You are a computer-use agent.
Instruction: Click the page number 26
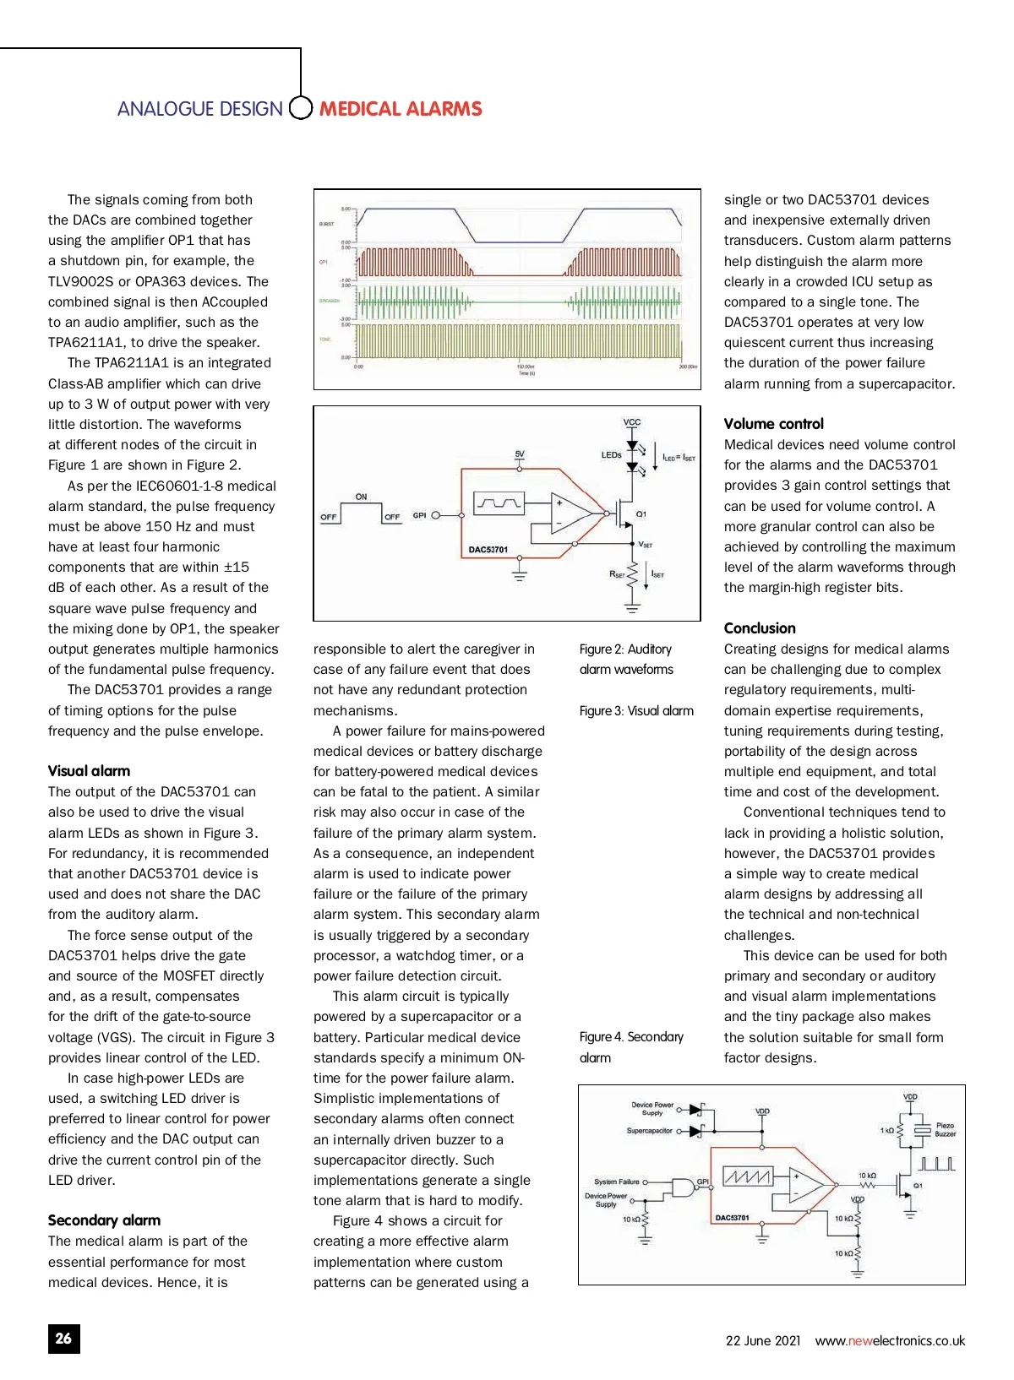[63, 1338]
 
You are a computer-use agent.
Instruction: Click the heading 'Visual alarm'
[89, 770]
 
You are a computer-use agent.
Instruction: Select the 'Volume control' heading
[773, 423]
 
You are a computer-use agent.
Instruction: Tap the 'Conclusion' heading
[760, 628]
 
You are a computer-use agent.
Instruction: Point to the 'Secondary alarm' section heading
[104, 1220]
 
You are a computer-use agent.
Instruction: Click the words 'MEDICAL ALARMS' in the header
[401, 109]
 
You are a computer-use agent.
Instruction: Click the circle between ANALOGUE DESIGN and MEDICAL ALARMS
[301, 109]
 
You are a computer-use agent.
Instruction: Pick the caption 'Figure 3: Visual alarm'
[636, 710]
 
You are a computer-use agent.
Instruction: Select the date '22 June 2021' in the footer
[762, 1340]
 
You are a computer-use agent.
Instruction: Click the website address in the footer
[890, 1340]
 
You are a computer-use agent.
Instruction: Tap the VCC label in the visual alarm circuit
[632, 422]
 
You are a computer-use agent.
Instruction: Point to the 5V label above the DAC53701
[520, 454]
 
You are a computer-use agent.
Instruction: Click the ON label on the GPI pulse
[361, 497]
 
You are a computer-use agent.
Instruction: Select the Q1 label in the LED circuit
[641, 513]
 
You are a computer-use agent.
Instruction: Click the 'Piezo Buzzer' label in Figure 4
[945, 1129]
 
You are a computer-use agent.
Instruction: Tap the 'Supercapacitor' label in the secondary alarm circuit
[649, 1130]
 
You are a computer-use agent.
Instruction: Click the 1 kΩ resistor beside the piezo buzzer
[902, 1130]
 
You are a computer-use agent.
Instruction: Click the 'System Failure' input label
[616, 1182]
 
